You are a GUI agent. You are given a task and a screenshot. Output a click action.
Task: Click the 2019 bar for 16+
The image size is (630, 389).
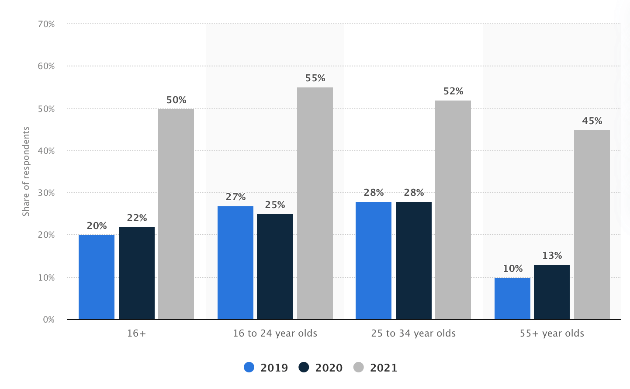pyautogui.click(x=97, y=277)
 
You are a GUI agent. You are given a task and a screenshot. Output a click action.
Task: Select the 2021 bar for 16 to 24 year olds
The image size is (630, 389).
pyautogui.click(x=315, y=203)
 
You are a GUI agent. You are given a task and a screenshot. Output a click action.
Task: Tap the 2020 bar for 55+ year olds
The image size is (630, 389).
pyautogui.click(x=552, y=292)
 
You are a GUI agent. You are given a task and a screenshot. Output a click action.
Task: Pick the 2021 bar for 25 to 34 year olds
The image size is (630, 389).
pyautogui.click(x=453, y=210)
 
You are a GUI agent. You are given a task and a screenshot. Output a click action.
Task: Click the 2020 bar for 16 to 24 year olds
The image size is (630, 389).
pyautogui.click(x=275, y=267)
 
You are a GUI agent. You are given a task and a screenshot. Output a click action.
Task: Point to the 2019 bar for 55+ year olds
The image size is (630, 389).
pyautogui.click(x=512, y=299)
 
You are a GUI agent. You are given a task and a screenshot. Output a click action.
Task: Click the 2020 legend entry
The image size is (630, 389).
pyautogui.click(x=321, y=368)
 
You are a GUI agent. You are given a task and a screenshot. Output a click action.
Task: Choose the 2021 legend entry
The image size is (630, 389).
pyautogui.click(x=375, y=368)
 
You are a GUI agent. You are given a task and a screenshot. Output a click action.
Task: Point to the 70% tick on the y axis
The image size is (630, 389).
pyautogui.click(x=46, y=24)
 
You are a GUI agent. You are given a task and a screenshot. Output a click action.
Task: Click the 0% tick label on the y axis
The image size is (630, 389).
pyautogui.click(x=48, y=320)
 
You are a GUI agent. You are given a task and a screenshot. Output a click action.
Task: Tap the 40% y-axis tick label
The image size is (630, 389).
pyautogui.click(x=46, y=151)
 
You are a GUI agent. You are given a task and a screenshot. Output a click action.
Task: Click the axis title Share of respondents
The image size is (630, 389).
pyautogui.click(x=26, y=171)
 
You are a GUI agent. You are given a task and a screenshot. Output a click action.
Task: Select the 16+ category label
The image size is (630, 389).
pyautogui.click(x=136, y=333)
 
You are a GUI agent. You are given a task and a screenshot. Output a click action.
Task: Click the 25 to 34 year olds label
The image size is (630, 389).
pyautogui.click(x=413, y=333)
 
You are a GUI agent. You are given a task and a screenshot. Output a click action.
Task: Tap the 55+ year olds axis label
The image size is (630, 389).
pyautogui.click(x=552, y=333)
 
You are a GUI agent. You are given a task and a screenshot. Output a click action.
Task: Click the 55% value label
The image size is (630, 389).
pyautogui.click(x=315, y=78)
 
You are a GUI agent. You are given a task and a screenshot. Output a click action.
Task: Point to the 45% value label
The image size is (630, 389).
pyautogui.click(x=592, y=121)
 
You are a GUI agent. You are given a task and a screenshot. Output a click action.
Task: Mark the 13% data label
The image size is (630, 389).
pyautogui.click(x=552, y=256)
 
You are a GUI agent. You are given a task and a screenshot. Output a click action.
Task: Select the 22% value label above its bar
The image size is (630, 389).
pyautogui.click(x=137, y=218)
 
